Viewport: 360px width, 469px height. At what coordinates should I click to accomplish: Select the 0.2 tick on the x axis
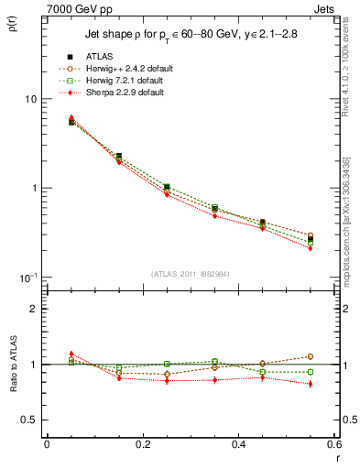tap(142, 445)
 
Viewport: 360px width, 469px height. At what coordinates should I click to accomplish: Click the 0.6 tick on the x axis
tap(334, 445)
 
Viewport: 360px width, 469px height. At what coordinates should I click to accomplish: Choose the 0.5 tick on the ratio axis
tap(29, 420)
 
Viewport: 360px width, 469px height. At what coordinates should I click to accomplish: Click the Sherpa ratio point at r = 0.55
tap(311, 384)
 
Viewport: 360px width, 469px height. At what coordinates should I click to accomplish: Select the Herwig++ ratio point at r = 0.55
tap(311, 356)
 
